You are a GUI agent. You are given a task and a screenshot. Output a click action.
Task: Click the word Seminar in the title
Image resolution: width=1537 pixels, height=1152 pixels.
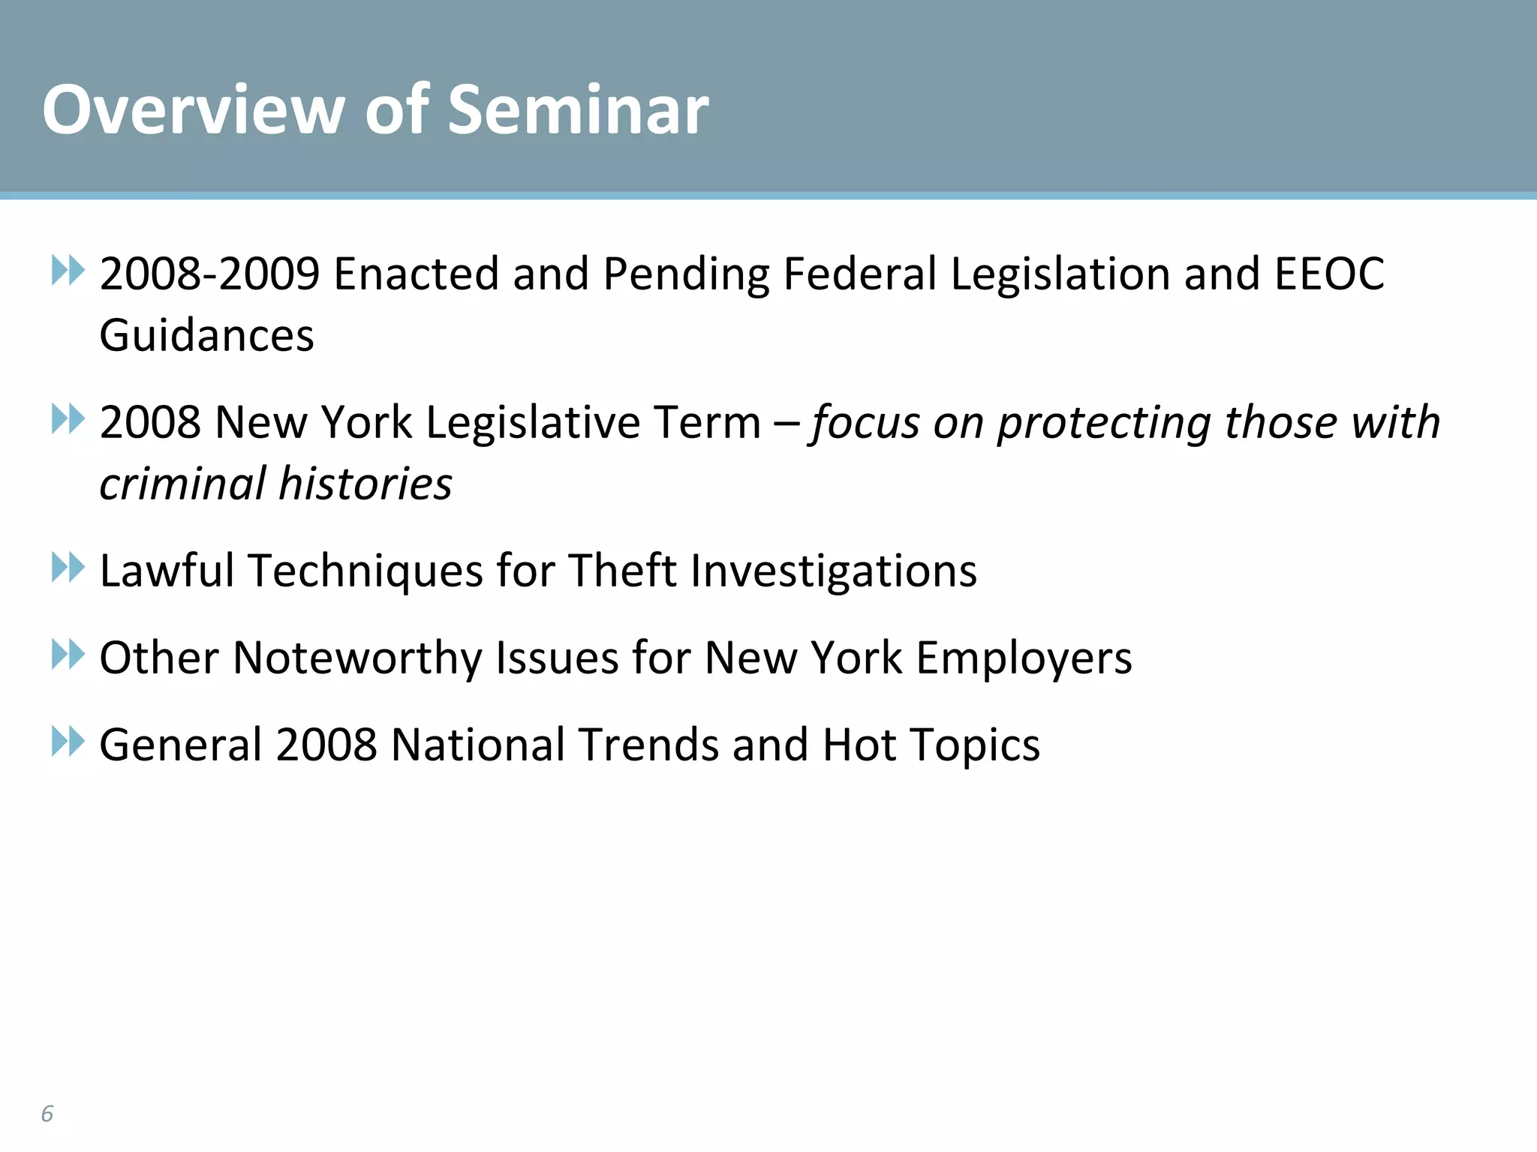pyautogui.click(x=578, y=110)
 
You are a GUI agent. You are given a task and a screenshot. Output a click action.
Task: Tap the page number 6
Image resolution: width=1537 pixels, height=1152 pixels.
pyautogui.click(x=47, y=1113)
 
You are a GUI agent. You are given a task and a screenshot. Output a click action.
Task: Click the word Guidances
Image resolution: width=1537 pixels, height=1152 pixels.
pyautogui.click(x=207, y=335)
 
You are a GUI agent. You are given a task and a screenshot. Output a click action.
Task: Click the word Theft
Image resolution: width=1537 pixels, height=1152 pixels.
pyautogui.click(x=622, y=571)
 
